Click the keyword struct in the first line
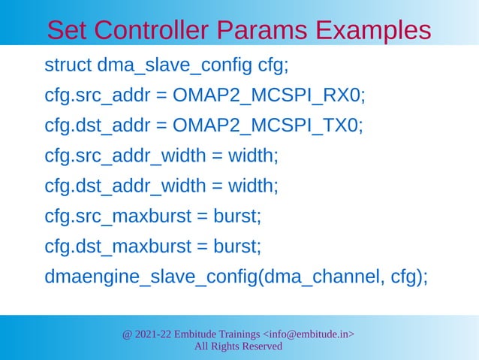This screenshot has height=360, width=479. [68, 65]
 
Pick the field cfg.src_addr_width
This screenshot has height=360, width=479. [125, 156]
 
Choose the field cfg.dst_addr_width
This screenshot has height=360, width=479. [125, 186]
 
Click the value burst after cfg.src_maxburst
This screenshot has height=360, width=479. [236, 216]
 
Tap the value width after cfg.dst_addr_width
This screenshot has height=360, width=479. [253, 186]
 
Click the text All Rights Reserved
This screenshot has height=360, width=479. [238, 346]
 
